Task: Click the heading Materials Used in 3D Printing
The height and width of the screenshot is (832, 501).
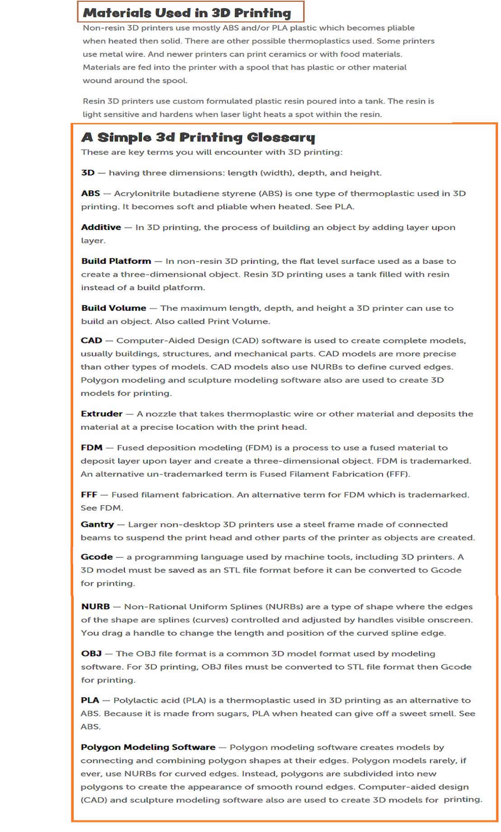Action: pyautogui.click(x=187, y=13)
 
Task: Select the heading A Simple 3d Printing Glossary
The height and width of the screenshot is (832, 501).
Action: pyautogui.click(x=198, y=137)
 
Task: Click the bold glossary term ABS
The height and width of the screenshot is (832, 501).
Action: pyautogui.click(x=90, y=193)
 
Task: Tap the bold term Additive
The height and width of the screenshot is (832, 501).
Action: pyautogui.click(x=101, y=227)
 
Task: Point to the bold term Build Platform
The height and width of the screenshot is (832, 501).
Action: pyautogui.click(x=116, y=261)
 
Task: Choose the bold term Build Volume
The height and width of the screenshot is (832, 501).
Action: pyautogui.click(x=114, y=308)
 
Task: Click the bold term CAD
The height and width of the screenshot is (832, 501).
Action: pyautogui.click(x=91, y=341)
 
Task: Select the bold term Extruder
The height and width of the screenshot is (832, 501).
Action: pyautogui.click(x=102, y=414)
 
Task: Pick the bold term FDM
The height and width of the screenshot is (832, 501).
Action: pyautogui.click(x=92, y=448)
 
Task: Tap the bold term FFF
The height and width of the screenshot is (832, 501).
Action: pyautogui.click(x=89, y=495)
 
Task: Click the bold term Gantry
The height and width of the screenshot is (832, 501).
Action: pyautogui.click(x=97, y=525)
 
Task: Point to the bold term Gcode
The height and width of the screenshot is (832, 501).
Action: pyautogui.click(x=97, y=557)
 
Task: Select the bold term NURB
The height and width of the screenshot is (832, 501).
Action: pyautogui.click(x=95, y=607)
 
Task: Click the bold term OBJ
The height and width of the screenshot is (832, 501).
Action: pyautogui.click(x=91, y=654)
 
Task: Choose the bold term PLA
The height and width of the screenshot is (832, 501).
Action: pyautogui.click(x=90, y=700)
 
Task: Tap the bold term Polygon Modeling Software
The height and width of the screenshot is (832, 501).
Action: pyautogui.click(x=148, y=747)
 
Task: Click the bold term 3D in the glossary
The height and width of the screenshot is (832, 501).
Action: pyautogui.click(x=88, y=173)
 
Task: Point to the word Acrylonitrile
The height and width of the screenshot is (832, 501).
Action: pyautogui.click(x=142, y=193)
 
